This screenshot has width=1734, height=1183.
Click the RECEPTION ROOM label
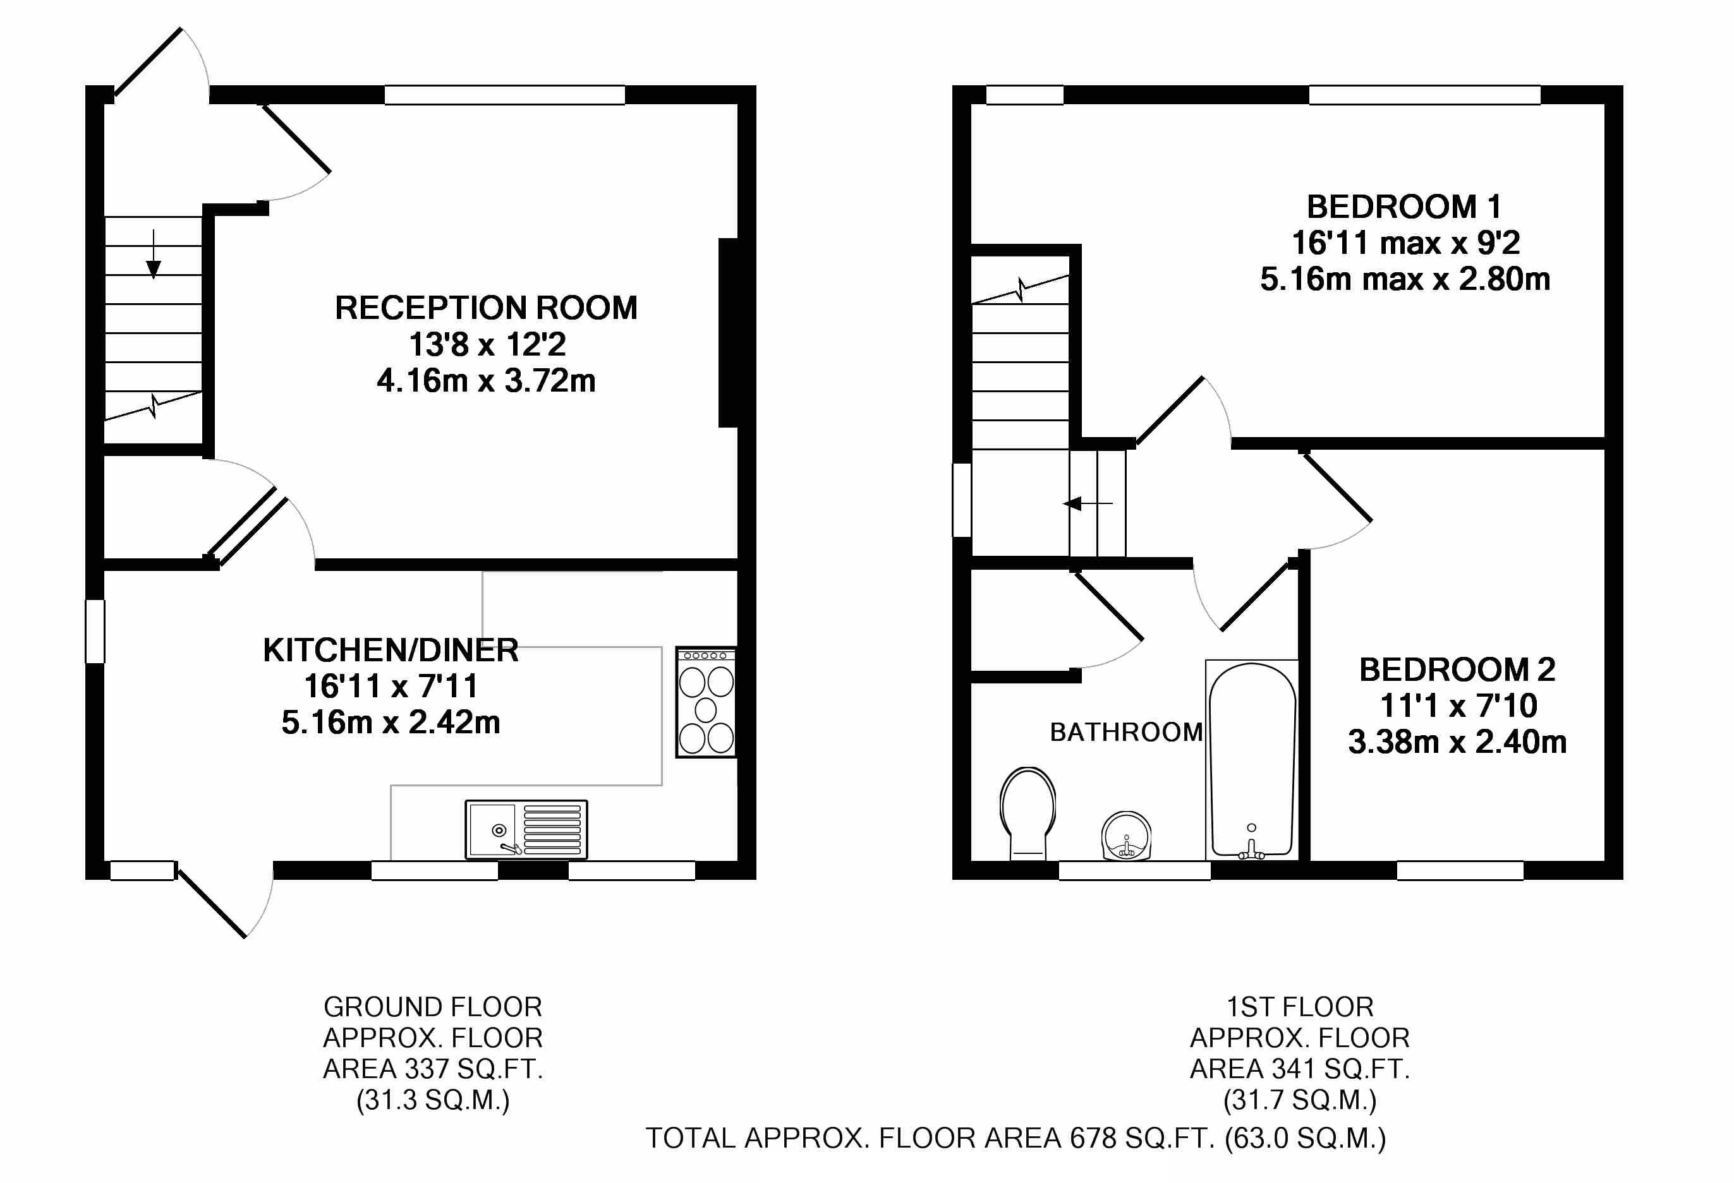click(x=486, y=308)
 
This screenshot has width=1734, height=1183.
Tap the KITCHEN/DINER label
click(x=391, y=651)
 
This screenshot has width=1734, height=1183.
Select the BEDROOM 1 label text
click(x=1404, y=207)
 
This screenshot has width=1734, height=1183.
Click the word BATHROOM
click(x=1126, y=733)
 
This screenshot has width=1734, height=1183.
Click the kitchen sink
click(x=526, y=829)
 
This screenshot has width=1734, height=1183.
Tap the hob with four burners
click(x=706, y=702)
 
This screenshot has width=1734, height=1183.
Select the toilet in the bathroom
click(x=1028, y=813)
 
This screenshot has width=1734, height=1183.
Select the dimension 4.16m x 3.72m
click(x=486, y=381)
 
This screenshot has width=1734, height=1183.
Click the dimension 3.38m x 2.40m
click(x=1457, y=742)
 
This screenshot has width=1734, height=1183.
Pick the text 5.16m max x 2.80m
click(x=1404, y=279)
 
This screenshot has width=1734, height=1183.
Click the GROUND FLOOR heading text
click(x=433, y=1007)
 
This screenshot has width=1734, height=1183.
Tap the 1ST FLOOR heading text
click(x=1300, y=1007)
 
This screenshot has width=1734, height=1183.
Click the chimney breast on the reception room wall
click(x=728, y=333)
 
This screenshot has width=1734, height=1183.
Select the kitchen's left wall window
click(x=95, y=631)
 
